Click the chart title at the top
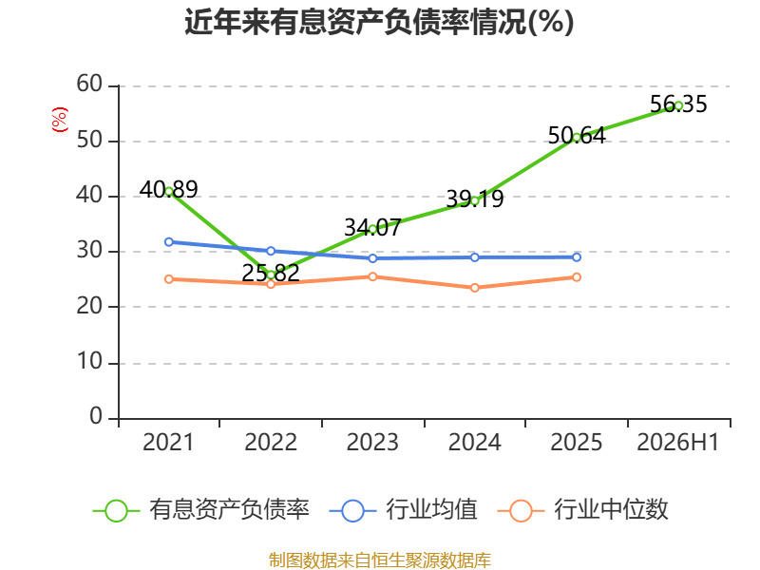coord(379,22)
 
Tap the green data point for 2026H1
coord(678,105)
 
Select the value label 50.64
coord(577,136)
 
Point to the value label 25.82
coord(271,273)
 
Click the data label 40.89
coord(169,189)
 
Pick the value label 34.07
coord(372,227)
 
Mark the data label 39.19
coord(474,199)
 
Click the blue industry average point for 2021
coord(169,242)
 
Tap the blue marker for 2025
coord(577,257)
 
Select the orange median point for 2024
coord(474,288)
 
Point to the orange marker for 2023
coord(372,276)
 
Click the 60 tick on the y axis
coord(89,85)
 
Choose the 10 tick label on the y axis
coord(89,362)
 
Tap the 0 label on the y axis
coord(96,416)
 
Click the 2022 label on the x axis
coord(271,442)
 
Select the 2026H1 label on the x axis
coord(678,442)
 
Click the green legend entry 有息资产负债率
coord(201,510)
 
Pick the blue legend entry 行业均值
coord(403,510)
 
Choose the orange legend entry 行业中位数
coord(582,510)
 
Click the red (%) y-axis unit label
coord(60,120)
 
